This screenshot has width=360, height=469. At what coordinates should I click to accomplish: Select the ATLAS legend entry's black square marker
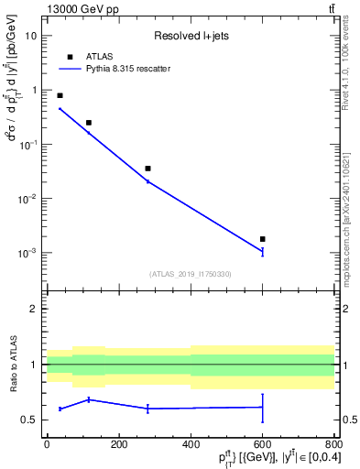coord(70,57)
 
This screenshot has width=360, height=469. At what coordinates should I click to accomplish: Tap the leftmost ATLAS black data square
coord(60,95)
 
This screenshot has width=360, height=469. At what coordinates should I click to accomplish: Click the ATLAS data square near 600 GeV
coord(263,239)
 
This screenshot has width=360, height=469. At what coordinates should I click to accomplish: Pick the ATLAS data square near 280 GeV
coord(147,169)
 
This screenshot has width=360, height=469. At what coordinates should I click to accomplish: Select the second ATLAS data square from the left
coord(89,123)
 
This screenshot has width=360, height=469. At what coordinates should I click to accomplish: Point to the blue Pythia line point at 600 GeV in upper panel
coord(263,251)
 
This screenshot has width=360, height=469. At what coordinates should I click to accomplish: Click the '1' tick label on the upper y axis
coord(35,90)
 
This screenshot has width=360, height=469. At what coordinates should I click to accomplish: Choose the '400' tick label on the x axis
coord(191,445)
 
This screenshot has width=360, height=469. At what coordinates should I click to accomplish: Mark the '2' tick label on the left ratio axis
coord(35,310)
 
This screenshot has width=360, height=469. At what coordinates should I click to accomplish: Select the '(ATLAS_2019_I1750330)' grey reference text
coord(191,274)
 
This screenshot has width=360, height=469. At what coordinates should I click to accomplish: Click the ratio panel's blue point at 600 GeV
coord(263,407)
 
